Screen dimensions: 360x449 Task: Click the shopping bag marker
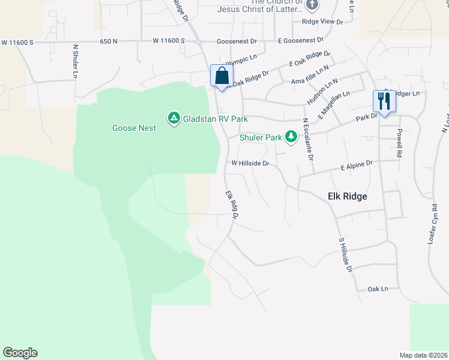(221, 76)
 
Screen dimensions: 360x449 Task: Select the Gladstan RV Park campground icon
(174, 118)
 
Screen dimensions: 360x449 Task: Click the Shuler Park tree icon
(291, 137)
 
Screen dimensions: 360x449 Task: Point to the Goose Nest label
(134, 128)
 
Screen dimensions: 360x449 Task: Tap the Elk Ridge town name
(347, 196)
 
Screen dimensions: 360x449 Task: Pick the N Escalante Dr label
(309, 139)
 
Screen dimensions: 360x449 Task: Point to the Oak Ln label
(378, 289)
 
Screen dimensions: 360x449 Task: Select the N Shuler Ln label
(75, 61)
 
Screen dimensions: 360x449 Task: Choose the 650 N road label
(109, 41)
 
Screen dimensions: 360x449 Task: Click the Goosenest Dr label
(237, 41)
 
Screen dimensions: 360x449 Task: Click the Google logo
(20, 353)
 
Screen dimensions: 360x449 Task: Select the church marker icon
(311, 5)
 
